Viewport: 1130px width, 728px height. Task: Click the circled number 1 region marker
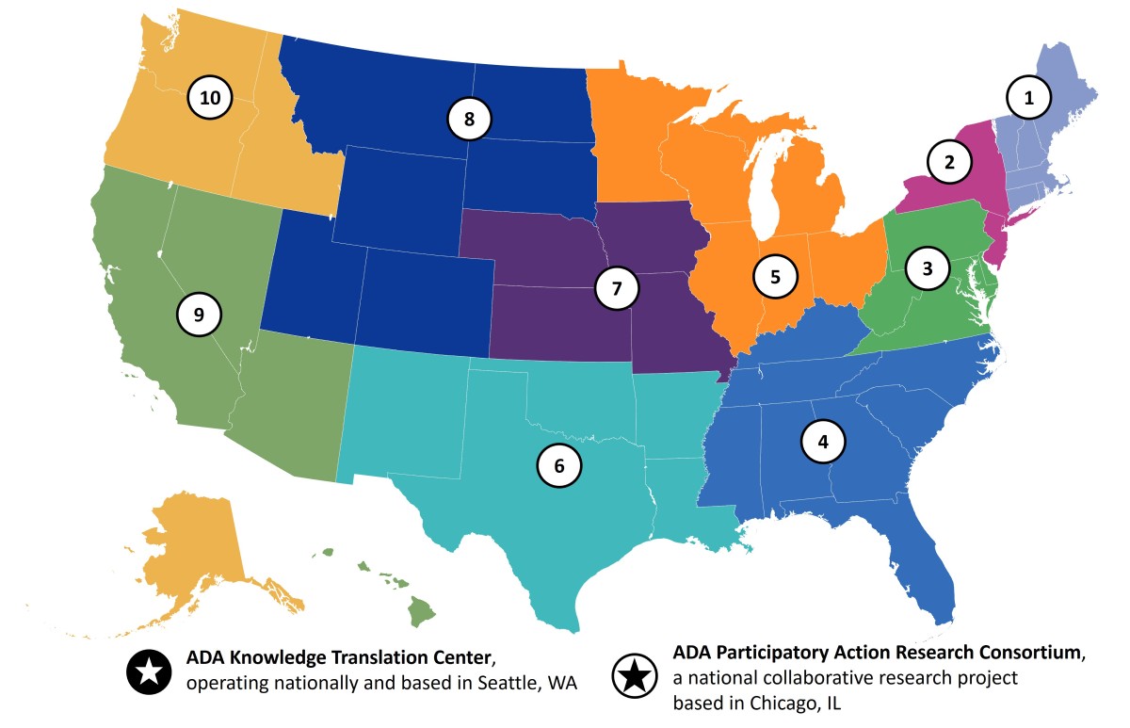pos(1028,96)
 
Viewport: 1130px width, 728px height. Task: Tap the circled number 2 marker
pos(950,162)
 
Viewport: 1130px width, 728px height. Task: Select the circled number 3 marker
pos(928,268)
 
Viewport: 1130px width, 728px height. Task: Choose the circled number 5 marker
pos(775,277)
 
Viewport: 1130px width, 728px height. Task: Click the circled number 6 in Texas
pos(559,465)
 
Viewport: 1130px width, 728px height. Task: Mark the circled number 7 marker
pos(617,288)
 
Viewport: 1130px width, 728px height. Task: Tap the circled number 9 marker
pos(199,315)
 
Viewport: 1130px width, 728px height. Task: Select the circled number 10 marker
pos(210,97)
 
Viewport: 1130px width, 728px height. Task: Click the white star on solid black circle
pos(148,671)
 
